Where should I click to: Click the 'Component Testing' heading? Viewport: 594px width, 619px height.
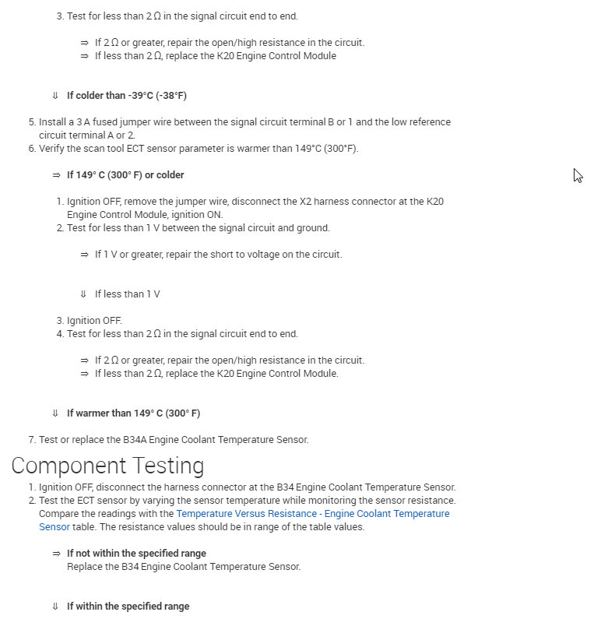(x=107, y=466)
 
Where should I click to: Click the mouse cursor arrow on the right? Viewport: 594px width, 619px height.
(x=578, y=175)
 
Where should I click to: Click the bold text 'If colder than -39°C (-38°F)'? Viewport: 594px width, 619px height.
(x=127, y=96)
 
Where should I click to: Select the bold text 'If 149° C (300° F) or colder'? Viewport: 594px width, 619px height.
(x=125, y=175)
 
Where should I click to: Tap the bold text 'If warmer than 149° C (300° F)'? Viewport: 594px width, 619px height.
(x=133, y=413)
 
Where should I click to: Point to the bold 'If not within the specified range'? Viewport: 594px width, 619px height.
(x=136, y=554)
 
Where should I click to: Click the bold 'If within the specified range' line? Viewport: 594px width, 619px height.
(x=128, y=607)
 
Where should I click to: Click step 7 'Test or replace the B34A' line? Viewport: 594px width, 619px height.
(x=174, y=440)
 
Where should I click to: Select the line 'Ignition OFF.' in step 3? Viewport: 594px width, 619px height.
(x=94, y=321)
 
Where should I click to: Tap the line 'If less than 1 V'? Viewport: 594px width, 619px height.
(x=127, y=294)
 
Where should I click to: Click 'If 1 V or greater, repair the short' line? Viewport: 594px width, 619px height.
(x=218, y=255)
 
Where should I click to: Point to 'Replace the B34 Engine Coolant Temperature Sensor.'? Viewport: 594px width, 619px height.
(x=184, y=567)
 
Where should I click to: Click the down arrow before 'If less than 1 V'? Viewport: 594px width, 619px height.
(x=83, y=294)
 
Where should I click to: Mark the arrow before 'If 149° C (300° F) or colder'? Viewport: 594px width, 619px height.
(x=56, y=175)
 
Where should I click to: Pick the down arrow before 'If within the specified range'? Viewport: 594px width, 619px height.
(x=55, y=607)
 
